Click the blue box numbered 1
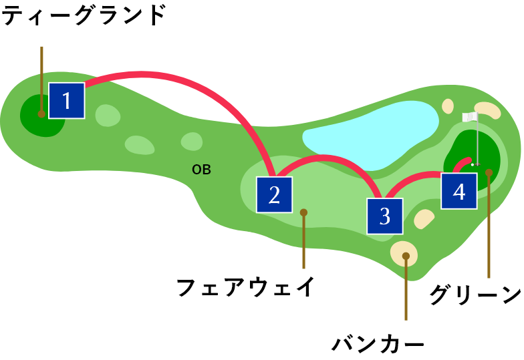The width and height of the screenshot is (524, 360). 66,101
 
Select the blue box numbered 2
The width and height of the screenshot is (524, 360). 274,194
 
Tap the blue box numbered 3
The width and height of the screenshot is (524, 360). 384,216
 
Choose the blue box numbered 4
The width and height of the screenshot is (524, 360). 458,191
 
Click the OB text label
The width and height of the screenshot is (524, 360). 201,170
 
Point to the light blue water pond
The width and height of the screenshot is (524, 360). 368,134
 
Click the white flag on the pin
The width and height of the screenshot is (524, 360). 469,117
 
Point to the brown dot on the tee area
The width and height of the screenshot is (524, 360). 41,114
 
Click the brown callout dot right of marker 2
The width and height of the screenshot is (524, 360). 303,212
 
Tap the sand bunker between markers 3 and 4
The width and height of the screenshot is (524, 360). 424,218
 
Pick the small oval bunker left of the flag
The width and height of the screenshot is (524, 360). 448,106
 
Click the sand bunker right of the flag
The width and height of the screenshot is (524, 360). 488,110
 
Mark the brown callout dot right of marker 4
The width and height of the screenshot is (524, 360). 489,173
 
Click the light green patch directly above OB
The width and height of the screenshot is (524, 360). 192,142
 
